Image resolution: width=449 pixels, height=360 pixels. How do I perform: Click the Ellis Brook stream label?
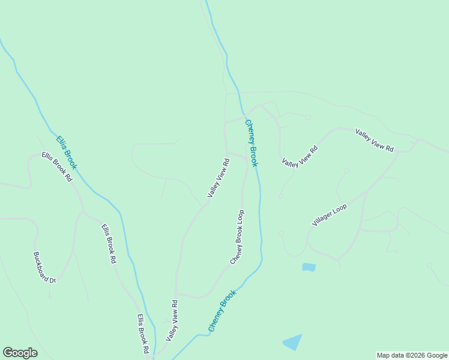tap(67, 152)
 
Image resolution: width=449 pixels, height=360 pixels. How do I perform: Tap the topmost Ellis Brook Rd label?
tap(57, 166)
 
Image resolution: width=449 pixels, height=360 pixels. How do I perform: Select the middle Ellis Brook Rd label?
tap(108, 244)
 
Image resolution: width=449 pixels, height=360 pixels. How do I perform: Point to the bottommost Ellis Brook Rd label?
tap(142, 334)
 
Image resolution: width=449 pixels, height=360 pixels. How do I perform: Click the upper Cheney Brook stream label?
tap(252, 143)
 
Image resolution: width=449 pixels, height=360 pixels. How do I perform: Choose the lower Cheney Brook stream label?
tap(222, 311)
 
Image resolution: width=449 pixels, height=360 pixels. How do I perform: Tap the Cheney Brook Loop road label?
tap(237, 236)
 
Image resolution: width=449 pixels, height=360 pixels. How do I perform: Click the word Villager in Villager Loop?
tap(323, 218)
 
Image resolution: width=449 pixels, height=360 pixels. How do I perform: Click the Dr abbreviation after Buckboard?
tap(52, 280)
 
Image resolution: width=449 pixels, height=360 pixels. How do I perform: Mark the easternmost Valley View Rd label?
tap(374, 140)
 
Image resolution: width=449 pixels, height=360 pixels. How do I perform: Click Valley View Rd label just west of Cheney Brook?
tap(218, 178)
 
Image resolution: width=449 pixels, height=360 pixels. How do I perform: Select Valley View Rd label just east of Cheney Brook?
tap(299, 156)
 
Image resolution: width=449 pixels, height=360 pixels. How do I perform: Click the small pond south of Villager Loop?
tap(309, 267)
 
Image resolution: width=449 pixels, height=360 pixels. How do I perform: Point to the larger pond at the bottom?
tap(292, 342)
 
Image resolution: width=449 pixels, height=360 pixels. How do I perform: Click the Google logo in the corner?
tap(20, 353)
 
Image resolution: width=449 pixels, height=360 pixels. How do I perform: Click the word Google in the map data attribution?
tap(433, 355)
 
